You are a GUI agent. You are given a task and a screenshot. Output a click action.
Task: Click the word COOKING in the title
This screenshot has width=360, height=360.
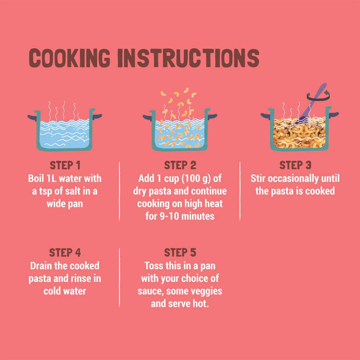pyautogui.click(x=70, y=58)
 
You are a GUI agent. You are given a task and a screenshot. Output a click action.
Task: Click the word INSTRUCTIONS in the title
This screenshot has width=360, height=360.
pyautogui.click(x=188, y=58)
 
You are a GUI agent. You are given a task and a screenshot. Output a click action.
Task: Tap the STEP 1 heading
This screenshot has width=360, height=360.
pyautogui.click(x=65, y=165)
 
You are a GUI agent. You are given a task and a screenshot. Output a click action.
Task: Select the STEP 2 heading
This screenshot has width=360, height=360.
pyautogui.click(x=180, y=165)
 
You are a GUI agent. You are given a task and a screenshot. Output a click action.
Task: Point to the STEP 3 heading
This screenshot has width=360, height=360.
pyautogui.click(x=295, y=165)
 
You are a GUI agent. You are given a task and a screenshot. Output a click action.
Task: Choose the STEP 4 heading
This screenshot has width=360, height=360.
pyautogui.click(x=65, y=252)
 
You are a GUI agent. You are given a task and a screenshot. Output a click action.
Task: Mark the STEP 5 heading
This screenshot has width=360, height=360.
pyautogui.click(x=180, y=252)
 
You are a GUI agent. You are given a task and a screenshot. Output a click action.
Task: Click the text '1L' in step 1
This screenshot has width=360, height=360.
pyautogui.click(x=52, y=178)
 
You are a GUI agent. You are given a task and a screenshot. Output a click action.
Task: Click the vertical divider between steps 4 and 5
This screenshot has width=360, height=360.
pyautogui.click(x=119, y=277)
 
